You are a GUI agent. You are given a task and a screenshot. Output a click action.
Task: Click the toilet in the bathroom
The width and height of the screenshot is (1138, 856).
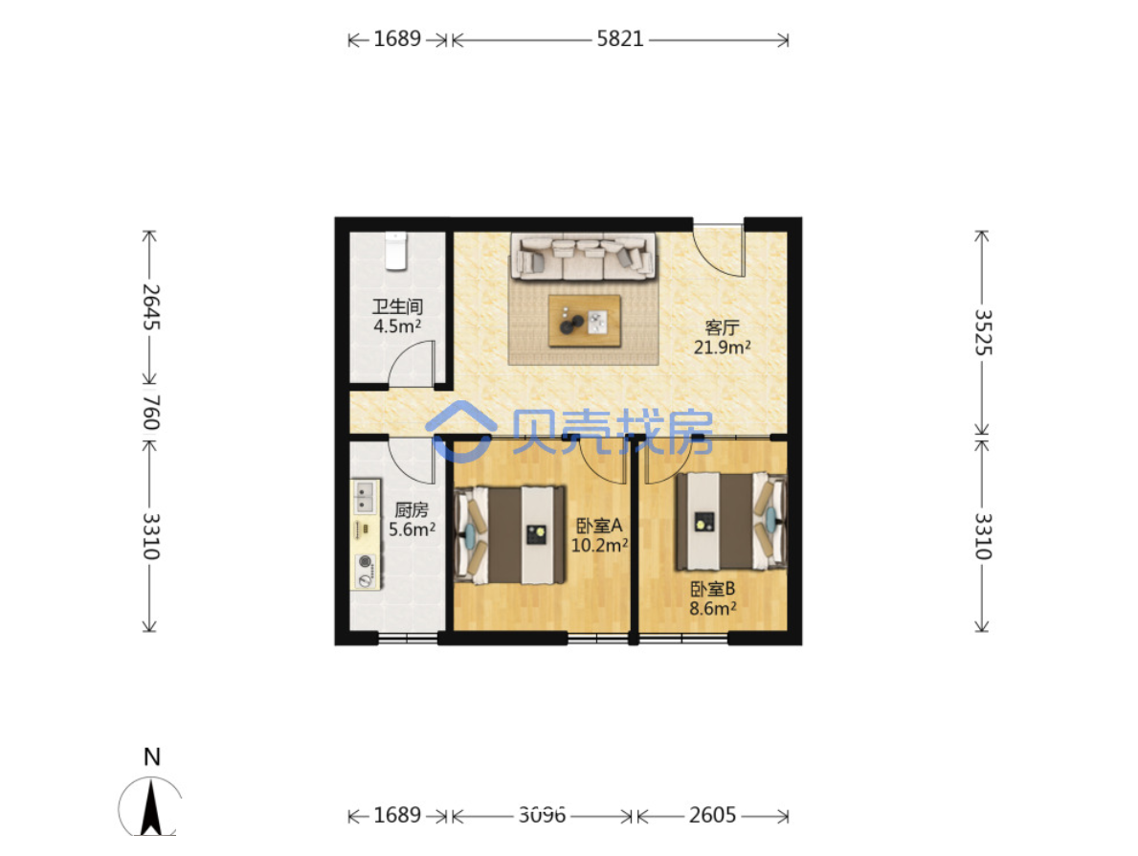coord(395,251)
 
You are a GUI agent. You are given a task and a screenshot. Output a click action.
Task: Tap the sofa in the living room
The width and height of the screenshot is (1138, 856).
coord(583,257)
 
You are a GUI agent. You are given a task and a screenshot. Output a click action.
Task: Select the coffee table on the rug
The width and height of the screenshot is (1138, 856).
coord(584,320)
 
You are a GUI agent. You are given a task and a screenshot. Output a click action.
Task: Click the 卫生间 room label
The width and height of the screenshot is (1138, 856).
coord(397,306)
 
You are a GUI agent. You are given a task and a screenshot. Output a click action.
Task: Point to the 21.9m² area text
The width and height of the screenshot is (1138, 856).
coord(722,347)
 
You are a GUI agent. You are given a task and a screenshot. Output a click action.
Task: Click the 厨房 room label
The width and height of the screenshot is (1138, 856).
coord(412,509)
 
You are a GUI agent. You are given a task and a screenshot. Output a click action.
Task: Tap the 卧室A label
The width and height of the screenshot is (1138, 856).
coord(599,525)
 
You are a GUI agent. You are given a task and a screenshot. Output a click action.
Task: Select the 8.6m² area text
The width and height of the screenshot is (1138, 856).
coord(713,608)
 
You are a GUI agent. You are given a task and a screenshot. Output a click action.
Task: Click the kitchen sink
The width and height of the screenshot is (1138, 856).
coord(365,497)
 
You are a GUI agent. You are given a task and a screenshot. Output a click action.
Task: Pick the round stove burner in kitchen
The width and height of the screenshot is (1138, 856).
coord(366,561)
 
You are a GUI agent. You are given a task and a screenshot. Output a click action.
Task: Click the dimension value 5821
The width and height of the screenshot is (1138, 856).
coord(620,38)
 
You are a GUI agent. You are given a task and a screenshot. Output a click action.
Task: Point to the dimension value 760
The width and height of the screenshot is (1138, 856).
coord(150,413)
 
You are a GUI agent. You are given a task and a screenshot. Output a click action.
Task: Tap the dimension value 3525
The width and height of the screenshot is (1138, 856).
coord(982,332)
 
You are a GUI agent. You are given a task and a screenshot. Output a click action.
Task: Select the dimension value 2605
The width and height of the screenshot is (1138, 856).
coord(712,816)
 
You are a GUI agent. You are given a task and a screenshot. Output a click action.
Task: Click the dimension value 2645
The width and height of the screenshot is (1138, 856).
coord(150,306)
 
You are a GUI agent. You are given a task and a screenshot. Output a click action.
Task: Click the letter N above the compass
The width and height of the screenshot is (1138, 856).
coord(151,756)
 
